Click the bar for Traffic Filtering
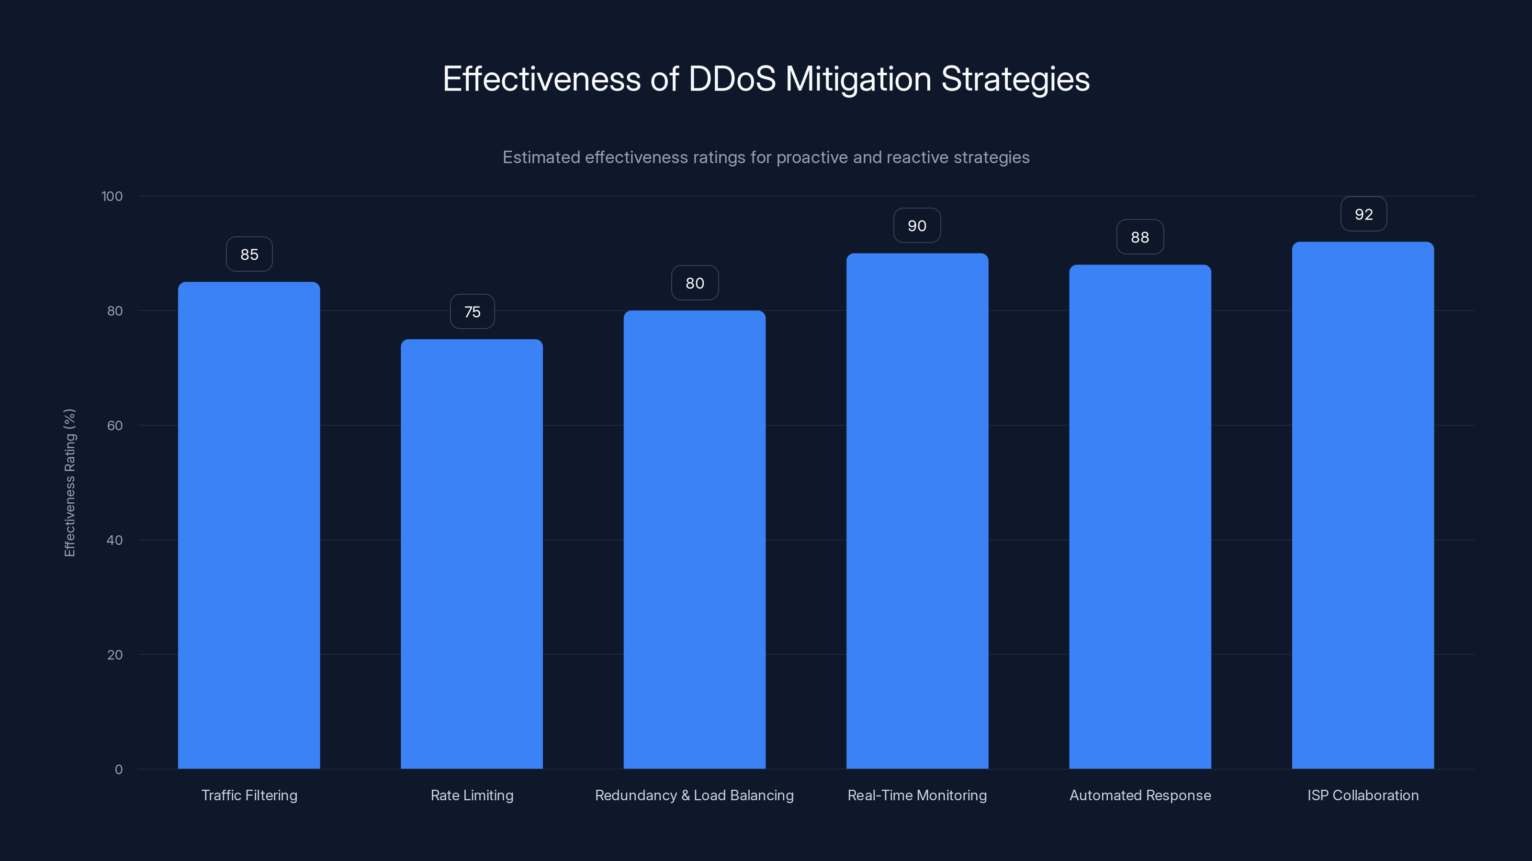pos(248,525)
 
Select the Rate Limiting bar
pos(472,554)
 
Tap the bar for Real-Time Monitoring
pos(917,511)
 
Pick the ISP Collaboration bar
pos(1363,505)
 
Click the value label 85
pos(249,254)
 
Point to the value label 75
pos(472,312)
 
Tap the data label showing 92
pos(1363,214)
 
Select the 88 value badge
pos(1139,237)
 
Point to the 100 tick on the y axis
pos(112,196)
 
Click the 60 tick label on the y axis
pos(114,425)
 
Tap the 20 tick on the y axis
pos(114,655)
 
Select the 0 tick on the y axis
pos(118,770)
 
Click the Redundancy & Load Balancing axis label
pos(694,795)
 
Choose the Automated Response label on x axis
pos(1139,795)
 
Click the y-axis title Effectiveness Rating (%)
pos(69,483)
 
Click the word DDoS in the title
pos(732,79)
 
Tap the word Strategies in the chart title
pos(1014,79)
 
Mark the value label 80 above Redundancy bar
pos(695,284)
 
